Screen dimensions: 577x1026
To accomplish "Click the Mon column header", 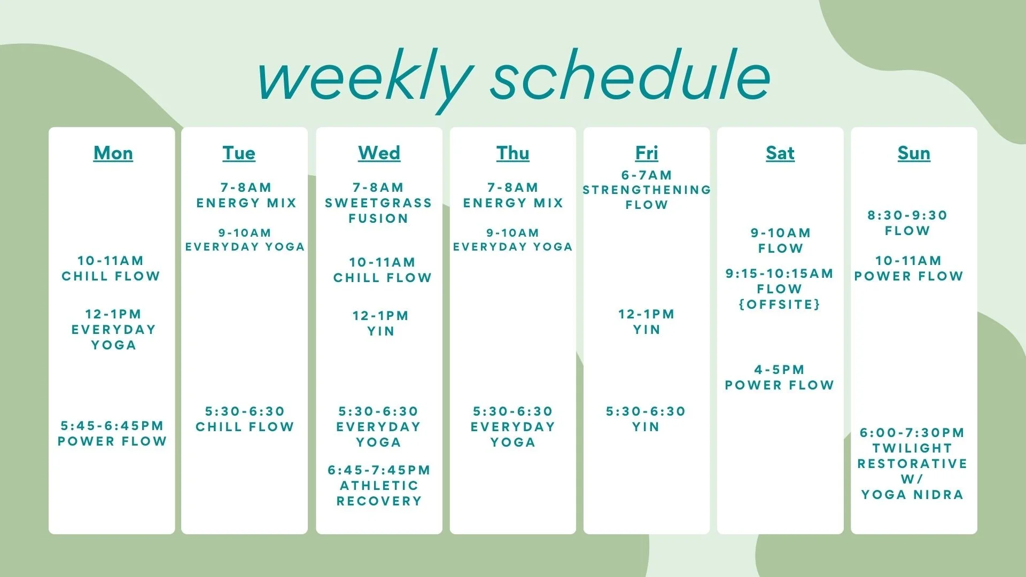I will click(113, 153).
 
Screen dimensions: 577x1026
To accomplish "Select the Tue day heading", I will click(239, 153).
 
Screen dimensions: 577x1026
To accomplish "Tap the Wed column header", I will click(379, 153).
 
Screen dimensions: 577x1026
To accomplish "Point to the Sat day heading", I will click(780, 153).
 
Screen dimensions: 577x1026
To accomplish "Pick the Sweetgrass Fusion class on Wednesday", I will click(378, 210).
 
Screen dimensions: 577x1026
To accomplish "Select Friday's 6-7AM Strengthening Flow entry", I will click(647, 190).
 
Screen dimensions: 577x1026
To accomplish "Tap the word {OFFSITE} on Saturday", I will click(779, 305).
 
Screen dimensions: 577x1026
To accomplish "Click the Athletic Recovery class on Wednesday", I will click(379, 493).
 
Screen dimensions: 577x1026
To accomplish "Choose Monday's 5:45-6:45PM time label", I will click(112, 426).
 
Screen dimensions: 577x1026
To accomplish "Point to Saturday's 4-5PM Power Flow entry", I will click(779, 377).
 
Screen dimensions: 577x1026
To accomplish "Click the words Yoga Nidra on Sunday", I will click(912, 495).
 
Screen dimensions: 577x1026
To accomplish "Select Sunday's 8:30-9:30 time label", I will click(907, 215).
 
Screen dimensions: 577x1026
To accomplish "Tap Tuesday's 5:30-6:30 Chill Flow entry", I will click(245, 419).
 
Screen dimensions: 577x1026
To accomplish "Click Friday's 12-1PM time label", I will click(647, 314).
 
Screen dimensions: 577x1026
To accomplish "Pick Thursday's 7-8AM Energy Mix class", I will click(513, 195).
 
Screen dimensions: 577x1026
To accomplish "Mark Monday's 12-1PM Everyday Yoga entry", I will click(113, 330).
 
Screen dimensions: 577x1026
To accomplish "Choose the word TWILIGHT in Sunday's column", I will click(912, 448).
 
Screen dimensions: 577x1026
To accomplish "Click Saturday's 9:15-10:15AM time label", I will click(779, 274).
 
